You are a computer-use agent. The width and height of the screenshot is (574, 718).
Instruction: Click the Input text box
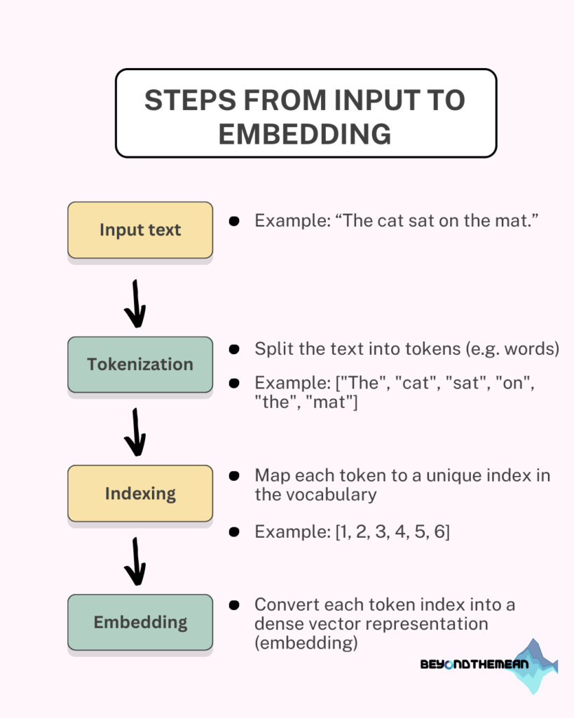click(140, 230)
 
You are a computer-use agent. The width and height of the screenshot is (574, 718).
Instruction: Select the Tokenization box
click(140, 365)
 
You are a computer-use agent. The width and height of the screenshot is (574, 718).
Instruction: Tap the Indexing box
click(140, 493)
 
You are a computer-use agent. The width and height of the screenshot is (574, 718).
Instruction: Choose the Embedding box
click(140, 623)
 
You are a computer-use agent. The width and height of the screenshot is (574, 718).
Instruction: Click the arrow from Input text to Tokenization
click(135, 304)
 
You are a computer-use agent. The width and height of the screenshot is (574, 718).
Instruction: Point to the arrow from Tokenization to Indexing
click(135, 432)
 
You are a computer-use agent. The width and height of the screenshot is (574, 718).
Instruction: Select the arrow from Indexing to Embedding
click(135, 562)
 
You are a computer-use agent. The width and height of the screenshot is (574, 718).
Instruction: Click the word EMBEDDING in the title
click(305, 134)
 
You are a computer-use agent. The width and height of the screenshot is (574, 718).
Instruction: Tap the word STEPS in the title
click(190, 100)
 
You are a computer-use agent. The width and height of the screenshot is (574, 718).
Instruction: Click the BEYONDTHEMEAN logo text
click(474, 664)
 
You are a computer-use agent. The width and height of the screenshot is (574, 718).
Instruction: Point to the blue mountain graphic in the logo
click(535, 666)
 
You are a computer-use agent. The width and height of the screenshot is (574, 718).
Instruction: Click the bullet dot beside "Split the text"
click(234, 349)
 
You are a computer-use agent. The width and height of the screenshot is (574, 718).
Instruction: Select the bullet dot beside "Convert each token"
click(234, 605)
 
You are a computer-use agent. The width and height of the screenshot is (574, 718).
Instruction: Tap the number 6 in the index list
click(439, 531)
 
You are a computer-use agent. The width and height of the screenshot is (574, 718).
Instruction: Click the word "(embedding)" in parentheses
click(306, 643)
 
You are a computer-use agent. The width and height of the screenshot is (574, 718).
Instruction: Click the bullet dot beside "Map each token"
click(234, 476)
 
